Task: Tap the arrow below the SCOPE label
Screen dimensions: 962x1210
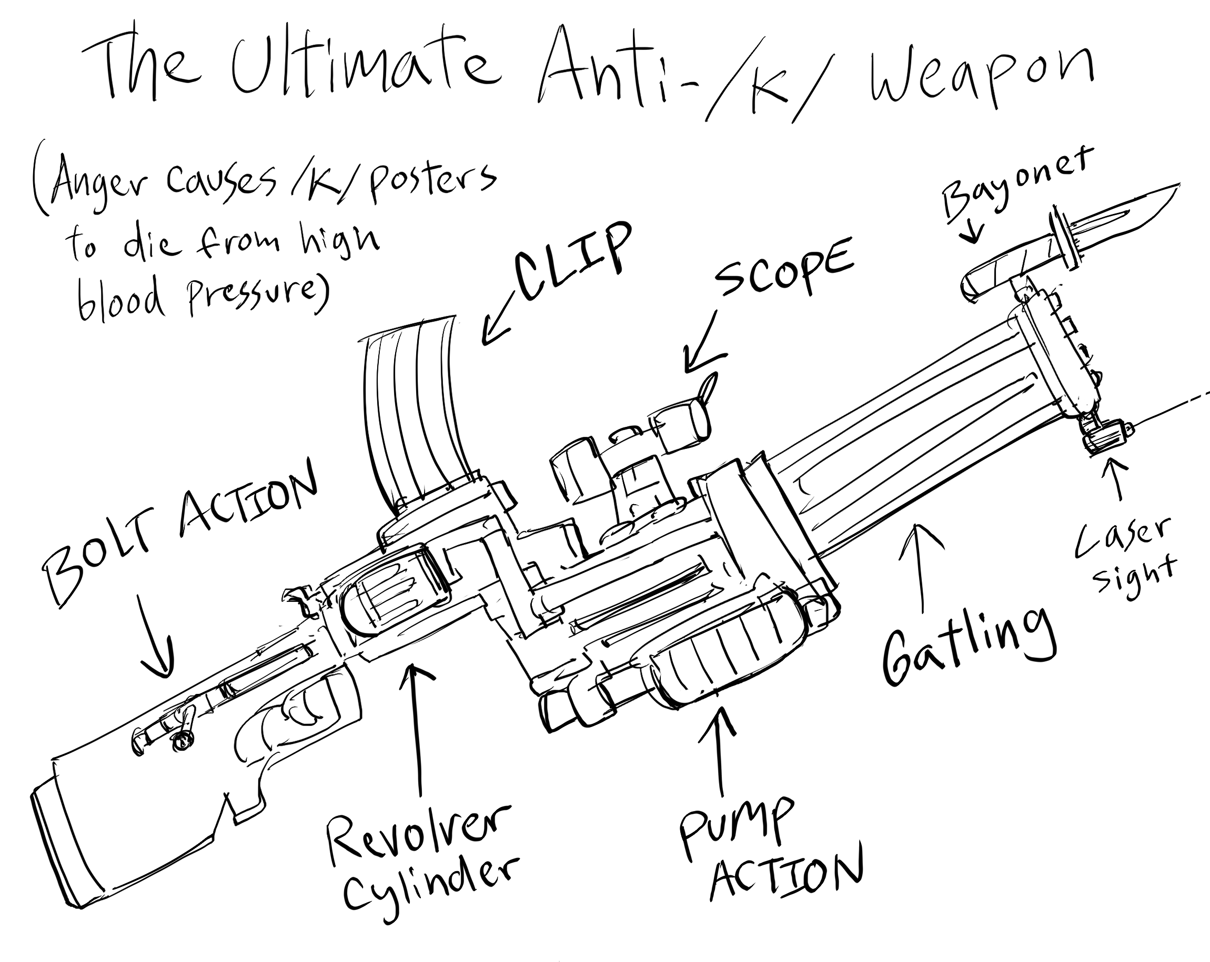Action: coord(701,348)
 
